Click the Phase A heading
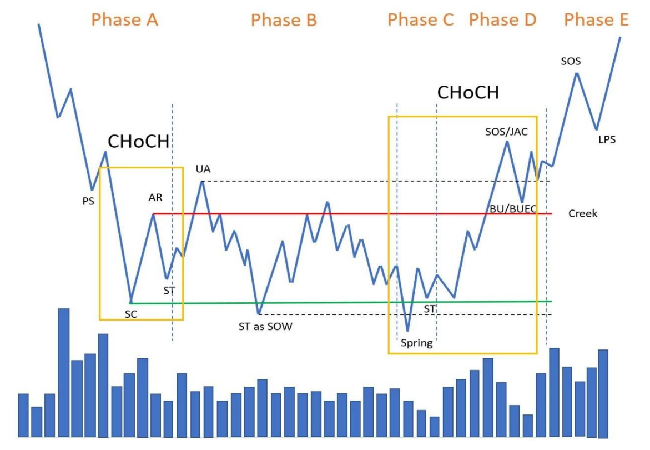[x=125, y=20]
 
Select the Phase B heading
[x=284, y=21]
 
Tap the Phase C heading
[x=420, y=20]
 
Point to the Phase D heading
[x=502, y=20]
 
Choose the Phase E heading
[x=596, y=20]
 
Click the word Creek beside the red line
[x=583, y=213]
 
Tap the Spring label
[x=416, y=343]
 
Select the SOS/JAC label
[x=506, y=132]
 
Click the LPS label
[x=607, y=139]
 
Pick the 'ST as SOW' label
[x=265, y=327]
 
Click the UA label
[x=203, y=168]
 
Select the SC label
[x=130, y=314]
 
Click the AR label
[x=155, y=197]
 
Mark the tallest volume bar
[x=64, y=372]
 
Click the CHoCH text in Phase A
[x=138, y=142]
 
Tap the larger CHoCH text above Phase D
[x=467, y=93]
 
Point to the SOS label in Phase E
[x=571, y=61]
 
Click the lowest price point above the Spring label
[x=408, y=331]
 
